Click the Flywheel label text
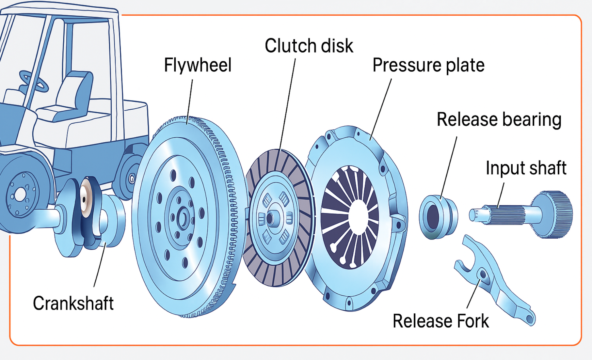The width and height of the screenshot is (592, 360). point(198,65)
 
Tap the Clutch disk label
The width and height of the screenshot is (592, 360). point(309,46)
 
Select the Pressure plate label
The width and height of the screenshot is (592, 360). point(428,65)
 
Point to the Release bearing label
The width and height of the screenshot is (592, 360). point(499,119)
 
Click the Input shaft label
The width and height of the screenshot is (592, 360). point(526,168)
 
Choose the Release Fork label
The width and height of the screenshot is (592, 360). point(440,321)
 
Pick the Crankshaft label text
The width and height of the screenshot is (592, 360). point(73,303)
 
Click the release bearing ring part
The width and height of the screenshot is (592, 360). point(438,217)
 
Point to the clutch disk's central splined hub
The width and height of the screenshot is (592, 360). point(271,218)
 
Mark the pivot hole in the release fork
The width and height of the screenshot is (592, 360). point(483,274)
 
